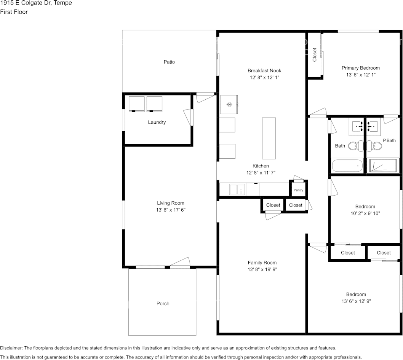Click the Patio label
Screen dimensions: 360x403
point(169,62)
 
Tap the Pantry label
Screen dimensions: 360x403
point(298,190)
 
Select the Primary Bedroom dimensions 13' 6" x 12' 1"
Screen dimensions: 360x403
point(360,75)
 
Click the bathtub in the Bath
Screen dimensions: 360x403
point(347,166)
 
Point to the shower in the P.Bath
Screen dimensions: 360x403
point(383,166)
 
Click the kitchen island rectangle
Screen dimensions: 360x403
point(269,138)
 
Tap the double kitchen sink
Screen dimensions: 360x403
point(237,189)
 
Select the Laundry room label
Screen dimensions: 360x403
point(157,123)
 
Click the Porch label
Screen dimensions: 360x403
point(163,304)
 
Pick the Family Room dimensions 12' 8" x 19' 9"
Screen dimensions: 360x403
point(262,269)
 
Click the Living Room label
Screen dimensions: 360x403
point(170,203)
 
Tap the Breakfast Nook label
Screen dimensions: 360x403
point(264,71)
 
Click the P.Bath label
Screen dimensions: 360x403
point(389,141)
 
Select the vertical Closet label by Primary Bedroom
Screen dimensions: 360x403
point(315,55)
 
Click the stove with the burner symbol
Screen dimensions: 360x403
point(229,105)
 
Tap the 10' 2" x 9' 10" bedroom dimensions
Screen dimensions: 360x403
point(365,213)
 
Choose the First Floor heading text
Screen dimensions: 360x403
point(14,12)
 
